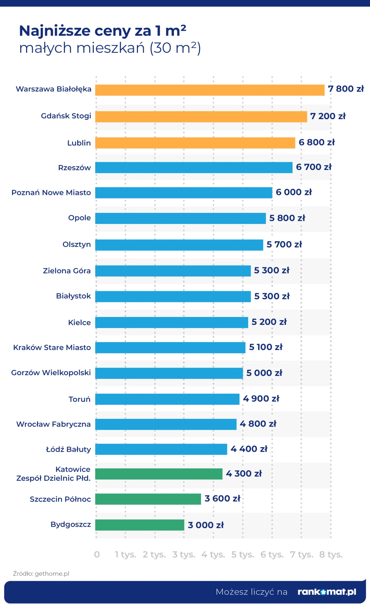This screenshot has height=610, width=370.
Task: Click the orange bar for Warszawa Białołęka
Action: pos(210,90)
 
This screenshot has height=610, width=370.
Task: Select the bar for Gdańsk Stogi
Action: pos(201,117)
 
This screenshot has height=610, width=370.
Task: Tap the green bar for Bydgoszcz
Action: pos(140,525)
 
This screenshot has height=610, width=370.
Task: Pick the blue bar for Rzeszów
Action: pos(194,167)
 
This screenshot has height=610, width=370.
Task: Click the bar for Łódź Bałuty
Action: pos(161,449)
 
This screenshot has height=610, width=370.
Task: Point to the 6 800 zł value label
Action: pos(316,142)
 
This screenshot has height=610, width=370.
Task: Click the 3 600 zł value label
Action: pos(222,499)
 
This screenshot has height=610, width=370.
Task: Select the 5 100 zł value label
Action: pos(266,347)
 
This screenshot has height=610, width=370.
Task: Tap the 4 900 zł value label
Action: pos(261,398)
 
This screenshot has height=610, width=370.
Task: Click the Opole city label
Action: pos(79,218)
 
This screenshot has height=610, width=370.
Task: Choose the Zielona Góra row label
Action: pos(67,271)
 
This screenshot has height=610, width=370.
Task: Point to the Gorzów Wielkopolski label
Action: pos(51,372)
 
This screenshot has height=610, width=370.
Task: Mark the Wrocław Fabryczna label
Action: pos(53,424)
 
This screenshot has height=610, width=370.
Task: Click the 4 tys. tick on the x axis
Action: pos(213,554)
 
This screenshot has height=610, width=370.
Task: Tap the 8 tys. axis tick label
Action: pos(331,554)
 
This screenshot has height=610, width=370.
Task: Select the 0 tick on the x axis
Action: pos(97,554)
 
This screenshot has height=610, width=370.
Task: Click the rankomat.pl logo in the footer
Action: pos(327,592)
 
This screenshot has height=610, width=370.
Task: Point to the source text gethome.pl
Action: pos(52,574)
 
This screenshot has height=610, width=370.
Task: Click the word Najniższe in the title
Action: pos(55,31)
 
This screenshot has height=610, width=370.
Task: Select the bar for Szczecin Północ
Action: pos(148,499)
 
